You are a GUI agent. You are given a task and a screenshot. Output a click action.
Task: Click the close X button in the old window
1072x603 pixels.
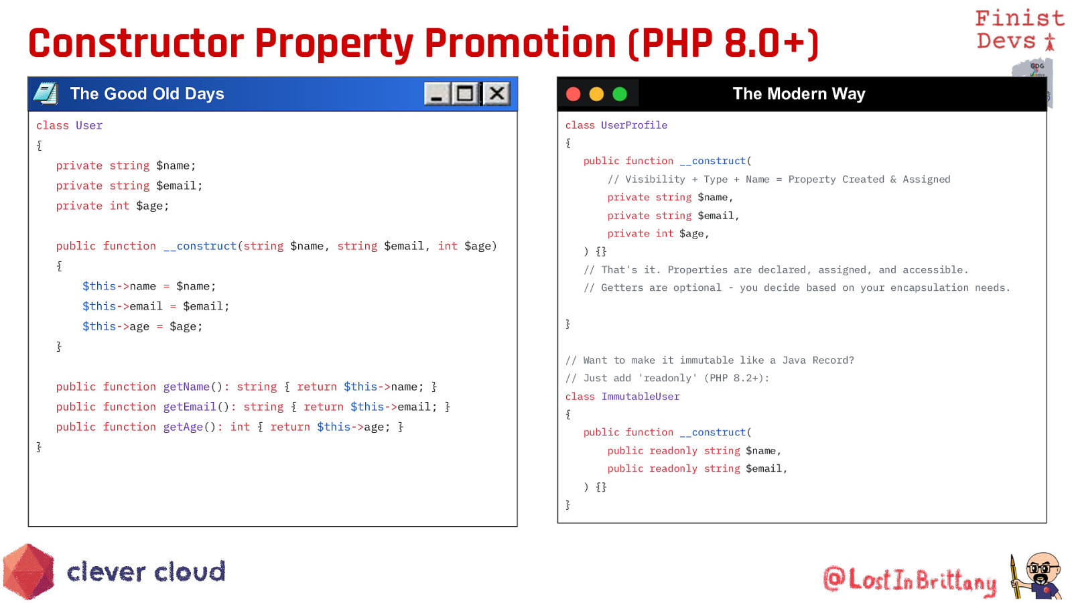point(496,93)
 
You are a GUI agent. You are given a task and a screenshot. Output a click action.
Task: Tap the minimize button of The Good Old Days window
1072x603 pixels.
point(436,93)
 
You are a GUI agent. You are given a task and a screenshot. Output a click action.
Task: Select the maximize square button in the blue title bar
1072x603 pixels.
point(465,93)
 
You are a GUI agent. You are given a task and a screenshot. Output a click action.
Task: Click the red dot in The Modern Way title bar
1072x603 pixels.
point(574,94)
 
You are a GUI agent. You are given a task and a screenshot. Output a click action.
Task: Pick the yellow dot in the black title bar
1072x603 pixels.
point(596,94)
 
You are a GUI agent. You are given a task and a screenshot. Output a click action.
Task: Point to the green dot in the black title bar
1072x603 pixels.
point(620,94)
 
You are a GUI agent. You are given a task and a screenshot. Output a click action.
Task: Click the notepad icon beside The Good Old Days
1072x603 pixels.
point(46,93)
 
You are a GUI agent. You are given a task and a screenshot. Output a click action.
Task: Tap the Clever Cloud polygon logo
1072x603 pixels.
point(29,571)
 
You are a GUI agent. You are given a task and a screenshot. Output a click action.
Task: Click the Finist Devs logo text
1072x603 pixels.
point(1019,29)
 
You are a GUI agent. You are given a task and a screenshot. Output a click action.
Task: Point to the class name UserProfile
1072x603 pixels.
point(634,125)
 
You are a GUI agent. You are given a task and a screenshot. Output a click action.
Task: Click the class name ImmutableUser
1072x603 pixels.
point(641,397)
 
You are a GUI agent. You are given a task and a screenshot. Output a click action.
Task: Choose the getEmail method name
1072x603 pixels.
point(190,407)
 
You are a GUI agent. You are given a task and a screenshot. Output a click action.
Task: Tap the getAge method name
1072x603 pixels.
point(184,427)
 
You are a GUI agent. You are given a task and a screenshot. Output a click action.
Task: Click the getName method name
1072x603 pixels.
point(187,387)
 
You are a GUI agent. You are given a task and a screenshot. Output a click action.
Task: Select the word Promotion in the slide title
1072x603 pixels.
point(520,43)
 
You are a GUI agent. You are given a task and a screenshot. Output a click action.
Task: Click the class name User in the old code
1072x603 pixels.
point(89,125)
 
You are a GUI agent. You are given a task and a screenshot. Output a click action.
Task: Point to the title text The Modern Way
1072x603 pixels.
point(799,93)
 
